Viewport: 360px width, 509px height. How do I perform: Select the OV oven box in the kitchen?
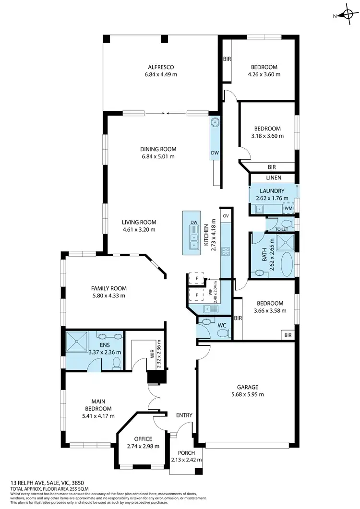tap(225, 215)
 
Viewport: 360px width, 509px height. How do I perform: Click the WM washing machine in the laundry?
tap(288, 208)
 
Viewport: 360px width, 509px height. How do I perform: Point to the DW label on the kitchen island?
tap(194, 223)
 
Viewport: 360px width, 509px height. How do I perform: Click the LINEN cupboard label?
tap(273, 178)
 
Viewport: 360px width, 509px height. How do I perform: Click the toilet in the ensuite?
tap(115, 363)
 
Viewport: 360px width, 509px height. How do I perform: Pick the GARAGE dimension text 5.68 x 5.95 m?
tap(248, 394)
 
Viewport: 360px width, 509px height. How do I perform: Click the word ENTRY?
tap(184, 415)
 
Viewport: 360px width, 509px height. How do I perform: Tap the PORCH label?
tap(186, 453)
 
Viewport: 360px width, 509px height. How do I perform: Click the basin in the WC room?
tap(208, 322)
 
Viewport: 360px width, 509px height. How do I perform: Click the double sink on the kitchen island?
tap(194, 240)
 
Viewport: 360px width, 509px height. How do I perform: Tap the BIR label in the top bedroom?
tap(227, 59)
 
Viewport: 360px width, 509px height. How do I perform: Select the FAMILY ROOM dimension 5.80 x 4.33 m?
tap(108, 296)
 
